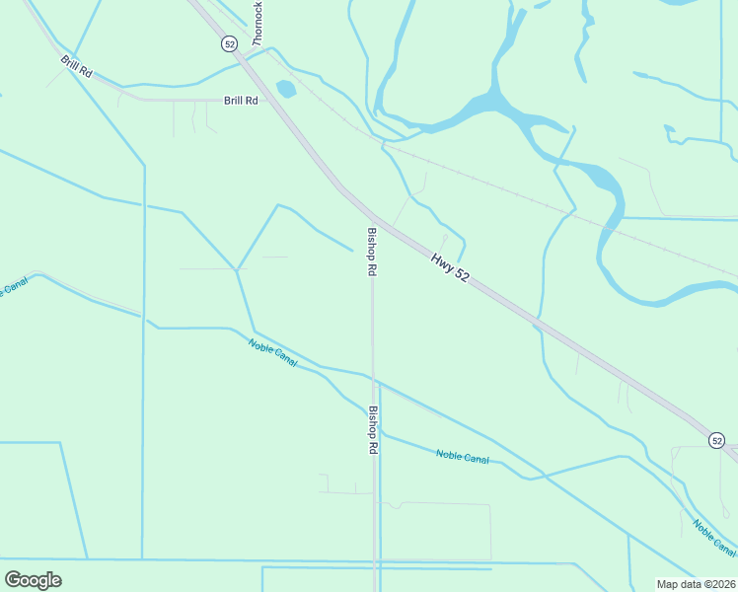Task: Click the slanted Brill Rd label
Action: tap(76, 68)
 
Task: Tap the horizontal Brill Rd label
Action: tap(240, 101)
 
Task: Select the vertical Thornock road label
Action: tap(258, 23)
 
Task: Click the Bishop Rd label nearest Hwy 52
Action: tap(372, 252)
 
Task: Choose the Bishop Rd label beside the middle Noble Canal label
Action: tap(373, 430)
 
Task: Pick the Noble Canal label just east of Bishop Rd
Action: tap(462, 457)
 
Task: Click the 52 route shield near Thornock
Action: tap(229, 43)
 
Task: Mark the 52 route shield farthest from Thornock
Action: tap(717, 440)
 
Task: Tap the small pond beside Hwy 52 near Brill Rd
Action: tap(286, 89)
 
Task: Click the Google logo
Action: tap(34, 579)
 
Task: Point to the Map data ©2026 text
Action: tap(695, 584)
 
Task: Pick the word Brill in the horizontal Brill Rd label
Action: tap(233, 101)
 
